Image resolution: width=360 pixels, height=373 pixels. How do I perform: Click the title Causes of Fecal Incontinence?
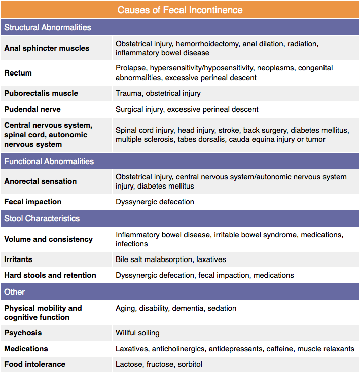[x=180, y=10]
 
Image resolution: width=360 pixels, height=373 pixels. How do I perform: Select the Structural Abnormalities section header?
[x=48, y=27]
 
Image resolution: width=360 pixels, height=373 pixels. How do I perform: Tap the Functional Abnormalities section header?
[x=49, y=161]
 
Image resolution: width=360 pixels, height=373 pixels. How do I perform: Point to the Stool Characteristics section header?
[x=42, y=218]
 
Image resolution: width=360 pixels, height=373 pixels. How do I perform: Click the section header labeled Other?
[x=14, y=292]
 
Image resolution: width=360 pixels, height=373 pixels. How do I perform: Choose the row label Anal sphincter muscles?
[x=47, y=48]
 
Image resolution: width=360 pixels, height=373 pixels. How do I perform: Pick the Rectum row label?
[x=18, y=73]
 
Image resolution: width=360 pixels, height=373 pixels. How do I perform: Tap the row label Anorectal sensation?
[x=41, y=181]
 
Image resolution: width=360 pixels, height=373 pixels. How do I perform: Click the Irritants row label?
[x=18, y=259]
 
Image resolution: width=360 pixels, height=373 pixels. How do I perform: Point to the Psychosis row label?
[x=23, y=333]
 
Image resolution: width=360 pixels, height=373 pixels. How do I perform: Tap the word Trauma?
[x=129, y=93]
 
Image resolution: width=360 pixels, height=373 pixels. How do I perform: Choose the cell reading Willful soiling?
[x=137, y=333]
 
